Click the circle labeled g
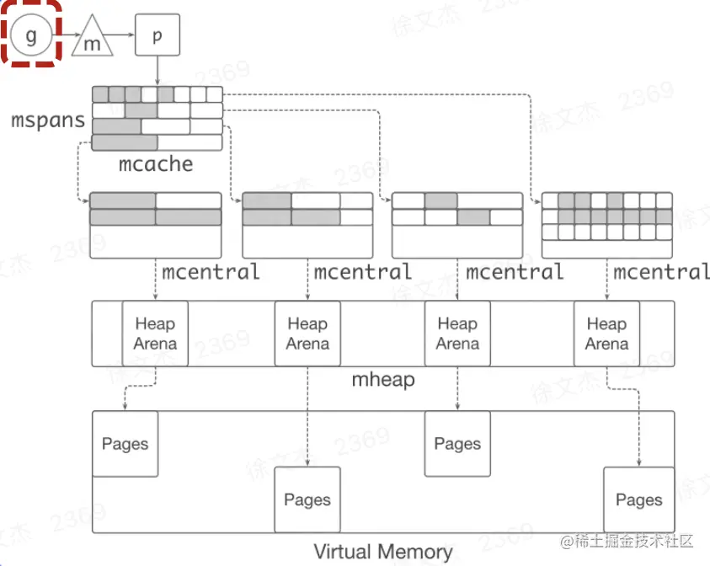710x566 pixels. pyautogui.click(x=31, y=35)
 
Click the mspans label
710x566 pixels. pyautogui.click(x=48, y=120)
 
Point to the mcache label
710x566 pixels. pyautogui.click(x=156, y=163)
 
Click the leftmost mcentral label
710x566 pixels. pyautogui.click(x=211, y=272)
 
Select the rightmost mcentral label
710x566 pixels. pyautogui.click(x=661, y=272)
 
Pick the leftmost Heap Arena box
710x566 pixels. pyautogui.click(x=155, y=334)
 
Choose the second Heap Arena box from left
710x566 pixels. pyautogui.click(x=307, y=334)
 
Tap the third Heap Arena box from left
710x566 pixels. pyautogui.click(x=457, y=334)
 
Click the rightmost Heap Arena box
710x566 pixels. pyautogui.click(x=606, y=334)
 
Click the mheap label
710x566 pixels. pyautogui.click(x=383, y=380)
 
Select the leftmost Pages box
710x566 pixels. pyautogui.click(x=125, y=444)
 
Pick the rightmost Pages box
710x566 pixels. pyautogui.click(x=638, y=500)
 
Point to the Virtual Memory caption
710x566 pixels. pyautogui.click(x=383, y=553)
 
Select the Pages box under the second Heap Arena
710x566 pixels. pyautogui.click(x=307, y=500)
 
